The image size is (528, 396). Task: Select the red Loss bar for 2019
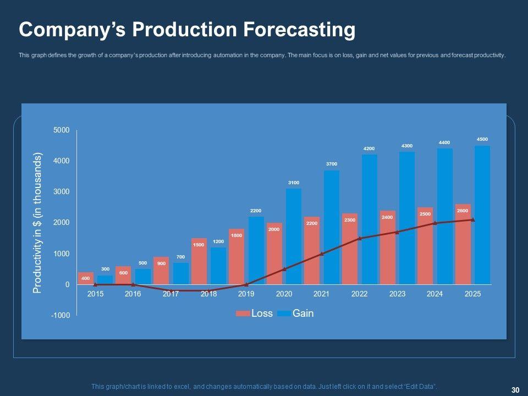point(237,257)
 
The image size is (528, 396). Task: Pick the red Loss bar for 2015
point(86,279)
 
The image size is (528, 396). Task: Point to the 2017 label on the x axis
point(171,294)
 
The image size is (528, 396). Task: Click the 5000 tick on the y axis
point(62,130)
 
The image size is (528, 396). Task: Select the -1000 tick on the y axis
point(62,316)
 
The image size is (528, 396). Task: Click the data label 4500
point(482,140)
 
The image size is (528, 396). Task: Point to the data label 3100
point(294,183)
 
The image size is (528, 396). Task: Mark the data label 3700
point(331,164)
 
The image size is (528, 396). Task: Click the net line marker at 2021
point(322,254)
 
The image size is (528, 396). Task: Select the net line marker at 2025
point(472,220)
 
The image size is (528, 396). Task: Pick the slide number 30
point(515,390)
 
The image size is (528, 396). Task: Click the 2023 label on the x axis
point(397,294)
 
